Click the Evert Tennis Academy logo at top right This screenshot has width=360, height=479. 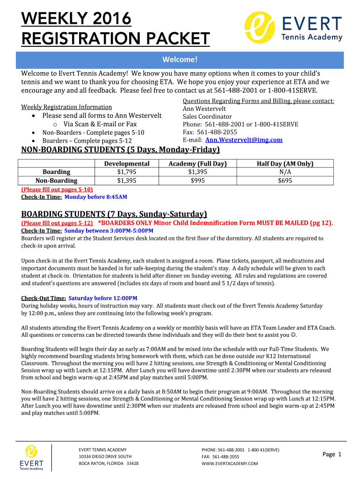point(294,28)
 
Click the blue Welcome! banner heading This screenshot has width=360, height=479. point(180,59)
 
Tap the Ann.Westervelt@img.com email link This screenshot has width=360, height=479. point(244,140)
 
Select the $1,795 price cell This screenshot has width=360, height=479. point(127,172)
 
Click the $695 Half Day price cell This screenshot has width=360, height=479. point(285,181)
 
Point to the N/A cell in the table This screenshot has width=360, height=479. point(285,172)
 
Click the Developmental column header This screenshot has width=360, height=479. point(127,164)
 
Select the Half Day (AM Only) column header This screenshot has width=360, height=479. point(285,164)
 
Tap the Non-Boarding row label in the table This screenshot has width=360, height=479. point(57,181)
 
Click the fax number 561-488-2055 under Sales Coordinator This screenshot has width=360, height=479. point(217,132)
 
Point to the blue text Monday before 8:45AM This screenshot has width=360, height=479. point(95,197)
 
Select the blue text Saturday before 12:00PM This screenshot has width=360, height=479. point(103,298)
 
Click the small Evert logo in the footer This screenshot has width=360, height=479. point(31,457)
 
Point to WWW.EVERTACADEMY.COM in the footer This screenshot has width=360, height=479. point(230,464)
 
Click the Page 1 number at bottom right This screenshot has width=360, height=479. point(332,454)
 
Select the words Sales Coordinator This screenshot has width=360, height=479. point(207,116)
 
